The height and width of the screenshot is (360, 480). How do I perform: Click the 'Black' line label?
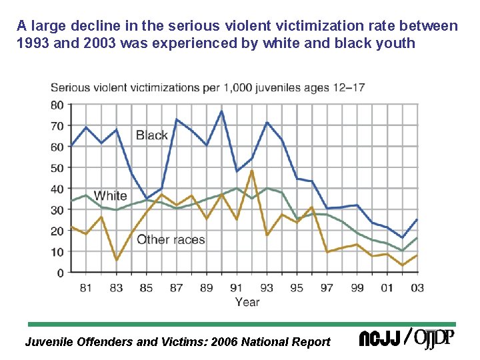[x=151, y=135]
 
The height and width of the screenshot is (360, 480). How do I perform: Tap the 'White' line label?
[x=110, y=195]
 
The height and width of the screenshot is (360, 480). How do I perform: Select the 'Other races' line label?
[x=171, y=240]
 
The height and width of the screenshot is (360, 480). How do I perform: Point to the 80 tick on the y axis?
[x=57, y=105]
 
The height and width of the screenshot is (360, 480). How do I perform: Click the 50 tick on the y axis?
[x=57, y=168]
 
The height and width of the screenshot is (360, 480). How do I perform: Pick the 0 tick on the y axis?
[x=61, y=273]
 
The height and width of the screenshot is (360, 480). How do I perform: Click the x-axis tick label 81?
[x=86, y=287]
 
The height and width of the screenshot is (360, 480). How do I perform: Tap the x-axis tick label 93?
[x=267, y=287]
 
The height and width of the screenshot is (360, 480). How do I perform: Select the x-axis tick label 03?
[x=417, y=287]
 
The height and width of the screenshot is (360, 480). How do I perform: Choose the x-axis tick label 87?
[x=176, y=287]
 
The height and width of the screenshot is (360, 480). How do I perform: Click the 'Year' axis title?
[x=247, y=302]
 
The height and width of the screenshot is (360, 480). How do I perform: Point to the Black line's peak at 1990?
[x=221, y=111]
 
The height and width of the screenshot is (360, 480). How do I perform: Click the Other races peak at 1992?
[x=251, y=171]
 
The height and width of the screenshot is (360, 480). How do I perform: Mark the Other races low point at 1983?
[x=116, y=260]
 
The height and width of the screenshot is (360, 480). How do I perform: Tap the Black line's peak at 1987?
[x=176, y=119]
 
